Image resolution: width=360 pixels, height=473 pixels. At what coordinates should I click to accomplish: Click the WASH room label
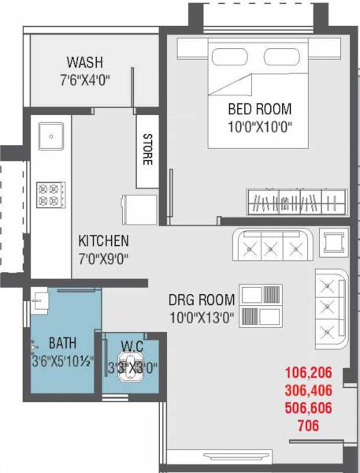84,62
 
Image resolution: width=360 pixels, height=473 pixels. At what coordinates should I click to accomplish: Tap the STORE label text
147,150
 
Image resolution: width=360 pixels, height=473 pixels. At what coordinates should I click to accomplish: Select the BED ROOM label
259,109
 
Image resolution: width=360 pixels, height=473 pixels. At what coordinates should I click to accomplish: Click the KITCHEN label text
103,240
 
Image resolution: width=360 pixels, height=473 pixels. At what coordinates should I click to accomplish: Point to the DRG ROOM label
202,300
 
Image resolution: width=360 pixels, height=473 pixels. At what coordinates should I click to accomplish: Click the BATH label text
62,343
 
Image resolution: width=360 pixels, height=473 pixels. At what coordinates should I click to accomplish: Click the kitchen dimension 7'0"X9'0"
103,257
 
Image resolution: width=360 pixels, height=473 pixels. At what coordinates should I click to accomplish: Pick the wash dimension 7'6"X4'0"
84,78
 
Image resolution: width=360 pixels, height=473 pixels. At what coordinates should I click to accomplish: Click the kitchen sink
52,136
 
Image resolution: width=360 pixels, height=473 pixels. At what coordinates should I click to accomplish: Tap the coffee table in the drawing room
260,306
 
